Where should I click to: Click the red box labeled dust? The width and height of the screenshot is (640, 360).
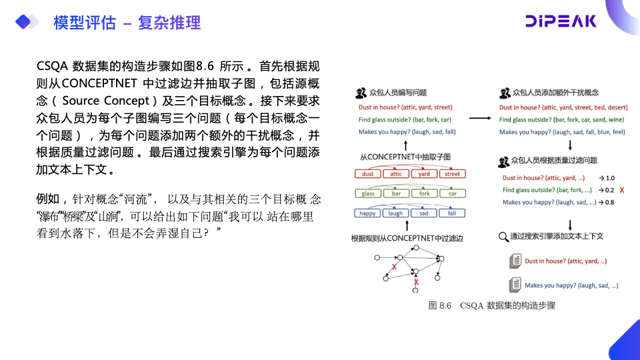point(368,174)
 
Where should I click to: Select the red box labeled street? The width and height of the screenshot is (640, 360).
point(452,174)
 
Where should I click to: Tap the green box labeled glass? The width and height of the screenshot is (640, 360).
point(368,193)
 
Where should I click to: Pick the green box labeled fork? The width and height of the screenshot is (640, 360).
point(425,193)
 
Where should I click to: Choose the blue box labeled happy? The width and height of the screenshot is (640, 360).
point(368,213)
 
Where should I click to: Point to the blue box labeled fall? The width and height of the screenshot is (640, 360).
point(452,213)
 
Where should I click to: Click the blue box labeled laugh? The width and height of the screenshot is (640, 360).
point(396,213)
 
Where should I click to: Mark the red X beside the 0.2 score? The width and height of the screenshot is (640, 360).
point(621,190)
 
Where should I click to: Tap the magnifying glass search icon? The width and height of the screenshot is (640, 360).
point(503,236)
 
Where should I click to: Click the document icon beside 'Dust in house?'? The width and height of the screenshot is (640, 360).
point(514,261)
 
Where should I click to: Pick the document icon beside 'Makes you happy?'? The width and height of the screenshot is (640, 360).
point(514,285)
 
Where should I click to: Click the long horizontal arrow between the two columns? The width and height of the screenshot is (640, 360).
point(480,119)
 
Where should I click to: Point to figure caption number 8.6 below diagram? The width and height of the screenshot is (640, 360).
point(444,305)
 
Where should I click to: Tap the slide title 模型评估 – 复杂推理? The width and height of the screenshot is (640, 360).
point(127,23)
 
